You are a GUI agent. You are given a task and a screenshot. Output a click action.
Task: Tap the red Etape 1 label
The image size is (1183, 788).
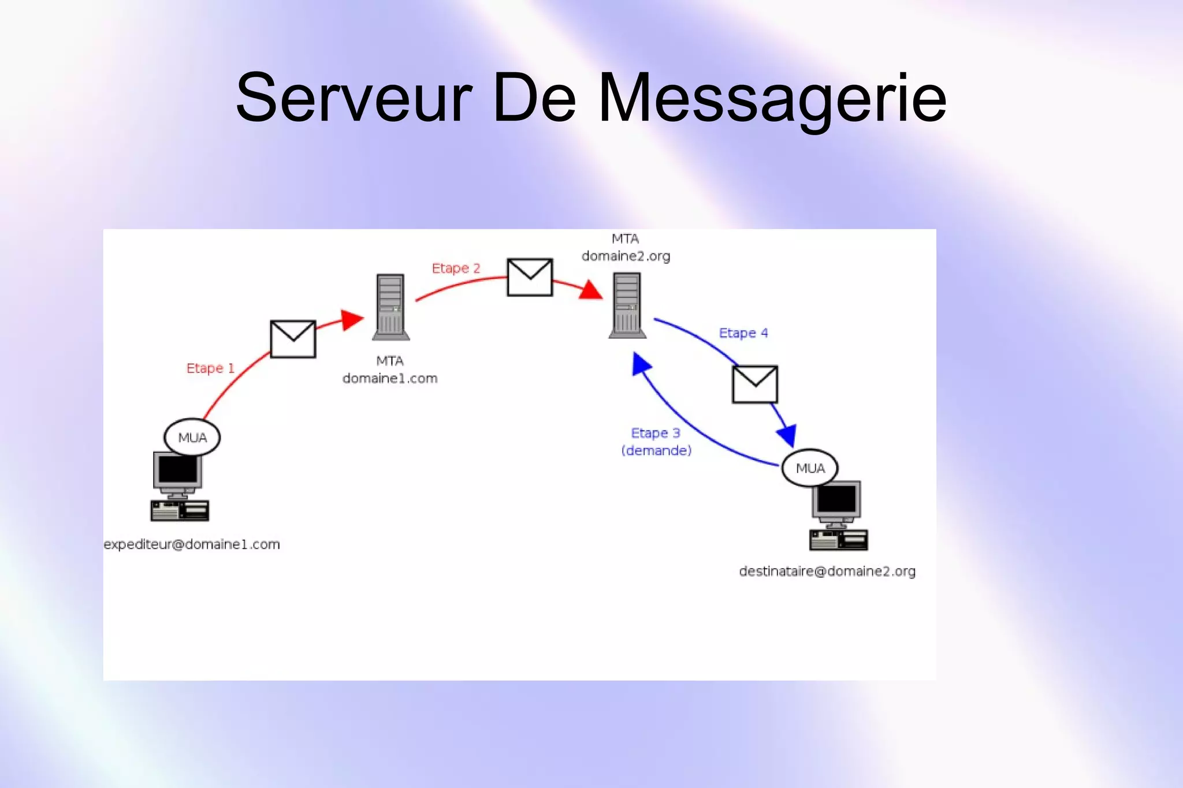(210, 368)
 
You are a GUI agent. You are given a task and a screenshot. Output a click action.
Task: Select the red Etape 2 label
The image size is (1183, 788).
(456, 268)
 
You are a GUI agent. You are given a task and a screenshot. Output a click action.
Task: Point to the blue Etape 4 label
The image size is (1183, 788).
(743, 333)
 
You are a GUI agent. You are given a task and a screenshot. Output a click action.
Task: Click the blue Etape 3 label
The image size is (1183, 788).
(656, 433)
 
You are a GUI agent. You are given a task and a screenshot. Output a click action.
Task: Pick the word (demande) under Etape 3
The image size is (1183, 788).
(656, 450)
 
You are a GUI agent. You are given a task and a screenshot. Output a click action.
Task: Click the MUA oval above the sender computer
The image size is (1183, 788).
(192, 438)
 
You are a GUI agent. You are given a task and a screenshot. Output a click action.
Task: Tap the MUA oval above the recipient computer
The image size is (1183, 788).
(810, 468)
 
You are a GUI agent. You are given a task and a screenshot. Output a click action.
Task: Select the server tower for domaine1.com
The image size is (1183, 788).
(390, 307)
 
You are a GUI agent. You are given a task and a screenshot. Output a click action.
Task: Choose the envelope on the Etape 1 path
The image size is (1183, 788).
(293, 339)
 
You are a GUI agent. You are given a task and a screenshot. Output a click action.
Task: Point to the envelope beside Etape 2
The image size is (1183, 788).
(530, 277)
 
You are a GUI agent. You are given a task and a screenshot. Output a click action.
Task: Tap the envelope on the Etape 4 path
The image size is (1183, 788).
(754, 384)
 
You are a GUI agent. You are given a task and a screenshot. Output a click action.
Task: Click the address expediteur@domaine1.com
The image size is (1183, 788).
(192, 544)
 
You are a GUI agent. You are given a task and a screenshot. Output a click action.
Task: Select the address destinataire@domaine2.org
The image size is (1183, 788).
(827, 572)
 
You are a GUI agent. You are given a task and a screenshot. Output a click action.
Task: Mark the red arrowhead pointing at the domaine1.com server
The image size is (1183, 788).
(351, 320)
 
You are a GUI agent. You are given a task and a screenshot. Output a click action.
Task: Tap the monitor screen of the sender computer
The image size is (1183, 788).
(177, 469)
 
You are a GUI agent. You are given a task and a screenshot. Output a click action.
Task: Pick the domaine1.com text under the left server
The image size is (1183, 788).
(390, 379)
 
